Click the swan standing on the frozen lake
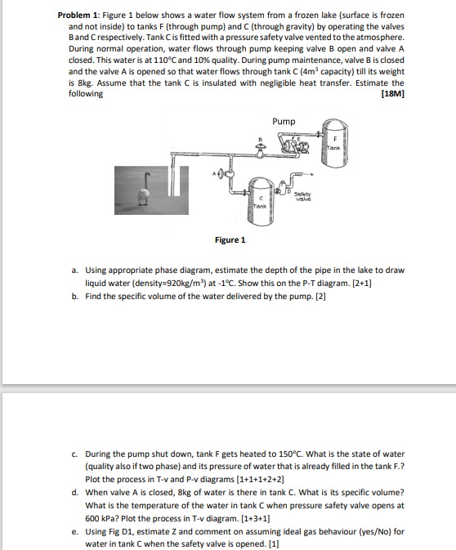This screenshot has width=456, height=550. [144, 190]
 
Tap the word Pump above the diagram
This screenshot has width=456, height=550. [284, 122]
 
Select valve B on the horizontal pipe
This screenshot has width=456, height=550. [261, 151]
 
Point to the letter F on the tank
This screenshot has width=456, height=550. [335, 138]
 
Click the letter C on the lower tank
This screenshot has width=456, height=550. [261, 199]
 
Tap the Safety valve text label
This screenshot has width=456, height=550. [302, 196]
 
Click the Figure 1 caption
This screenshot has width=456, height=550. [230, 240]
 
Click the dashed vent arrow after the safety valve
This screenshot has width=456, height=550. [308, 174]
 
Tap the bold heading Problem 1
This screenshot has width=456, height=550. [79, 16]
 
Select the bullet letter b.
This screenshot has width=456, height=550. [74, 297]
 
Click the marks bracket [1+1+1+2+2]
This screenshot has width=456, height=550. [261, 480]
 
